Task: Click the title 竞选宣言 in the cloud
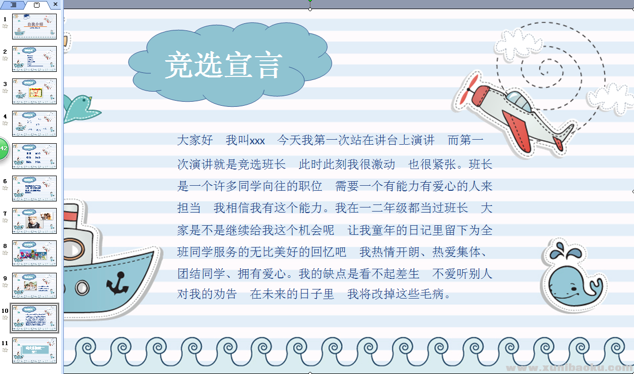[x=223, y=65]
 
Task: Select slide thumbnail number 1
[x=34, y=27]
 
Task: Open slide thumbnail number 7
[x=34, y=221]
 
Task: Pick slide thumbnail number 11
[x=34, y=350]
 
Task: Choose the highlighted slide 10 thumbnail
[x=34, y=318]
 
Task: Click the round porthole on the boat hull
[x=82, y=288]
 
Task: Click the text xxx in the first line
[x=257, y=141]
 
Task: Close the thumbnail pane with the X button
[x=55, y=5]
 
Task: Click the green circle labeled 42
[x=4, y=149]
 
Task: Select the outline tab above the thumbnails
[x=14, y=5]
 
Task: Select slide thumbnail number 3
[x=34, y=92]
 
